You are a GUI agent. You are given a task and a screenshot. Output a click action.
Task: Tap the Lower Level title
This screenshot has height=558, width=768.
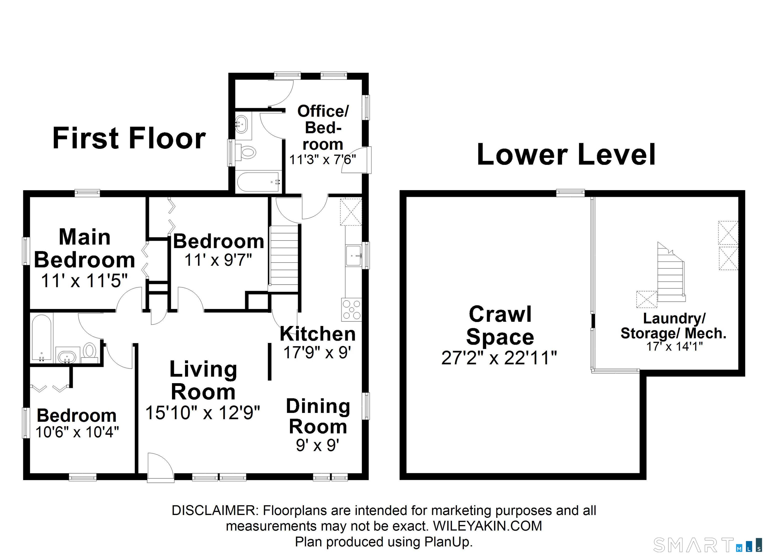coord(566,154)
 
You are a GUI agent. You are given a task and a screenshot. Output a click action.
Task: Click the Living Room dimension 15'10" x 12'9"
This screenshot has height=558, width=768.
coord(203,412)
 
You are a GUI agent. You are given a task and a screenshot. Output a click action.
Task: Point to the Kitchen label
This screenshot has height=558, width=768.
coord(318,334)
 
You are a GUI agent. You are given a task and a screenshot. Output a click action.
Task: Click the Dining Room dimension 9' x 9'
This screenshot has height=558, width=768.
coord(318,445)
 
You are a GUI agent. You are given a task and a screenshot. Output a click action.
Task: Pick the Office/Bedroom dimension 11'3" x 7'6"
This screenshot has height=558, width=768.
coord(323,159)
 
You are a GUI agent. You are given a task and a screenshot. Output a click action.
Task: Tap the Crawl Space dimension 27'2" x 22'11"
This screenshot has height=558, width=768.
coord(499,358)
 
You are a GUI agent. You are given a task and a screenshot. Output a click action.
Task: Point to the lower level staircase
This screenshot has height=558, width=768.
coord(670,273)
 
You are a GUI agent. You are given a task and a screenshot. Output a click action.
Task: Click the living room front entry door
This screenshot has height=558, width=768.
coord(160,468)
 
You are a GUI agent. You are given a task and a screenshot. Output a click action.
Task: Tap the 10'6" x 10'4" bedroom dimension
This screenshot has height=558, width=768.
coord(77,432)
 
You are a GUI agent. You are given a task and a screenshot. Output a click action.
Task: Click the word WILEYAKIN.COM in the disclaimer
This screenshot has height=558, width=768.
coord(487,526)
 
